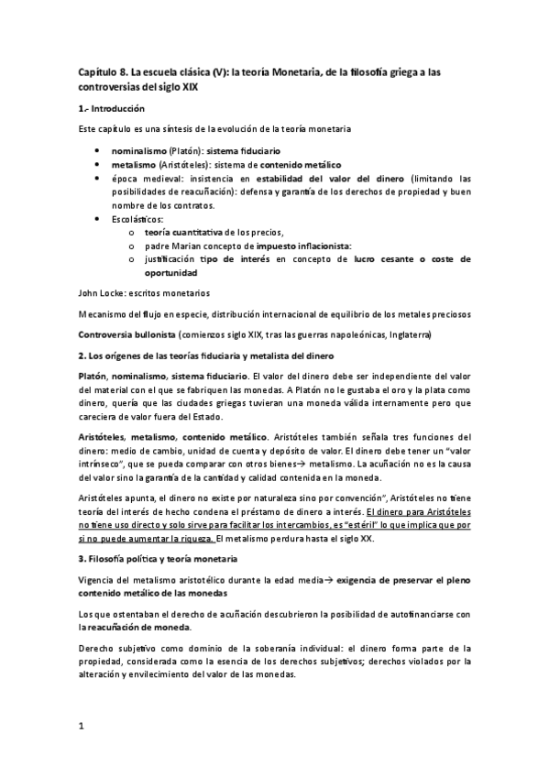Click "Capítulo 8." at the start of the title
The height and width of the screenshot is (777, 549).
click(x=102, y=71)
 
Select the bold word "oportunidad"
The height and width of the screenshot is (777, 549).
click(x=171, y=273)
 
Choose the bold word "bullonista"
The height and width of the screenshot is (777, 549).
click(x=153, y=333)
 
